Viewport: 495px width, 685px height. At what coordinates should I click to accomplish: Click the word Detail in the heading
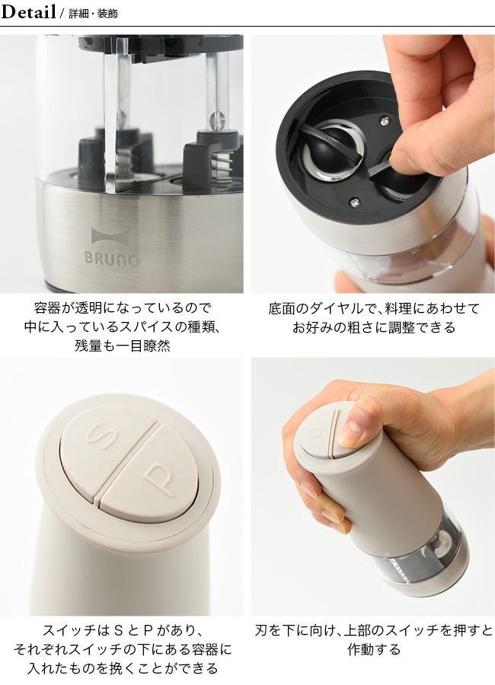pos(28,11)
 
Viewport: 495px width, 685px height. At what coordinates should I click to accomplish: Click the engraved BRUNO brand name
pos(113,258)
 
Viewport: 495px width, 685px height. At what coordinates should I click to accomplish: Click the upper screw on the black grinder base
pos(385,119)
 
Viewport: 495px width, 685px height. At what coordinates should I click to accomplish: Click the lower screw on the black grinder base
pos(356,202)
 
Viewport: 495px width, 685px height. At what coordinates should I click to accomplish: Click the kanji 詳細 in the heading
pos(78,14)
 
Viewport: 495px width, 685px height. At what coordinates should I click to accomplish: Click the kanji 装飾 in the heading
pos(107,14)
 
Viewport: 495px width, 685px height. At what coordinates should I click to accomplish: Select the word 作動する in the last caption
pos(374,648)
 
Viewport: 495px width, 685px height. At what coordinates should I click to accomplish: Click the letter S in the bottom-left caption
pos(117,630)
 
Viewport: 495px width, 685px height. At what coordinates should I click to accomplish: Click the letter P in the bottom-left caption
pos(148,630)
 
